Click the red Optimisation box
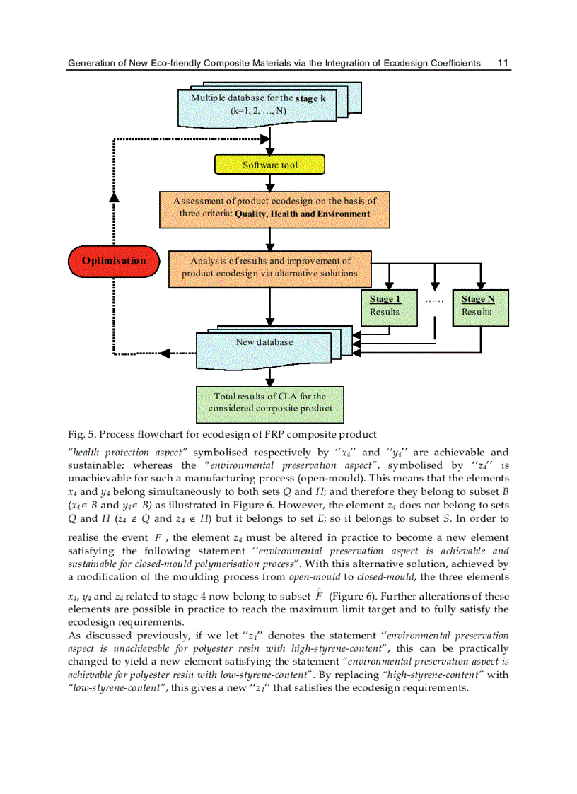click(114, 261)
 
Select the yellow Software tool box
click(269, 165)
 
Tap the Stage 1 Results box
click(385, 305)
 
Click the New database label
click(264, 342)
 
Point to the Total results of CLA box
click(269, 402)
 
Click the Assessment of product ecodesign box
click(274, 208)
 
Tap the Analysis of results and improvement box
click(269, 267)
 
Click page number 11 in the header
click(503, 63)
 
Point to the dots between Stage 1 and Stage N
click(433, 300)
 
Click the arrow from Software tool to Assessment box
click(269, 183)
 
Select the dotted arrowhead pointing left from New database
click(165, 353)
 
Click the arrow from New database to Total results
click(269, 378)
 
